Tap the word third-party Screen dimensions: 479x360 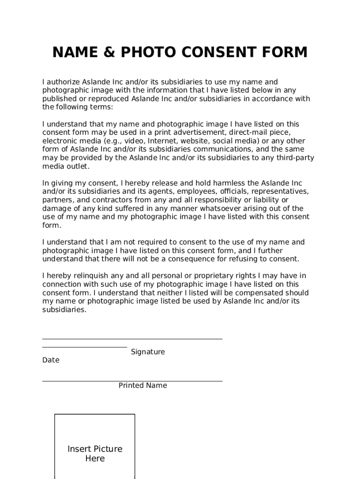[x=294, y=158]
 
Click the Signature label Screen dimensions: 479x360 [x=148, y=352]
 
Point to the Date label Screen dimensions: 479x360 [x=50, y=360]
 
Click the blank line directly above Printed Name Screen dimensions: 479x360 [x=132, y=381]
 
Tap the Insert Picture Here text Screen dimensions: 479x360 [x=95, y=454]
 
